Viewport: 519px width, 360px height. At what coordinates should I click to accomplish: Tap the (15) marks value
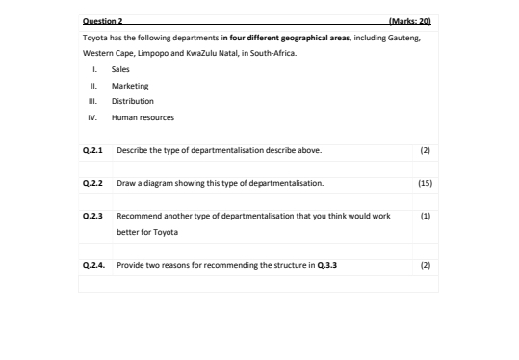pyautogui.click(x=426, y=182)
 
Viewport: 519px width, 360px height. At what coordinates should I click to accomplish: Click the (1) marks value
pyautogui.click(x=426, y=216)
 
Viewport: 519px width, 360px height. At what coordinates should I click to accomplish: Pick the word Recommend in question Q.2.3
pyautogui.click(x=139, y=216)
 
